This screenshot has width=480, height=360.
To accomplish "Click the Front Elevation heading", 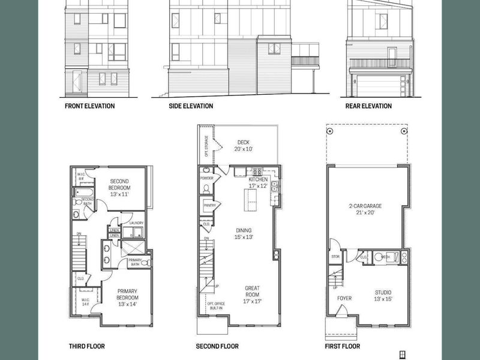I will (x=89, y=106).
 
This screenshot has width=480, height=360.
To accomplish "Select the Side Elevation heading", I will (x=191, y=106).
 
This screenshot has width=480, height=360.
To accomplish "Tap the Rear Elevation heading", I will (x=368, y=106).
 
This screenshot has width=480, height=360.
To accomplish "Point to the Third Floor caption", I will (x=86, y=346).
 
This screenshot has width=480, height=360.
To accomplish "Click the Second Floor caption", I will (x=217, y=346).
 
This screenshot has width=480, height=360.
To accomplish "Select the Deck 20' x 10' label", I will (x=243, y=145).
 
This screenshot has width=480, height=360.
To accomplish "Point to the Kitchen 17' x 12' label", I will (x=258, y=183).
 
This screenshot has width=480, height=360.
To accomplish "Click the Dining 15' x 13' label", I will (x=244, y=233).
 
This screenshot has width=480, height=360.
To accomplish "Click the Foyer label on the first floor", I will (x=344, y=298).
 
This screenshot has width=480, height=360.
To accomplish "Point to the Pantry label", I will (x=209, y=206).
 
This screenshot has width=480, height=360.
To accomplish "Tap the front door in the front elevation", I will (x=76, y=83).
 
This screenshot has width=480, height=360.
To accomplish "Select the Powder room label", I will (x=206, y=178).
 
